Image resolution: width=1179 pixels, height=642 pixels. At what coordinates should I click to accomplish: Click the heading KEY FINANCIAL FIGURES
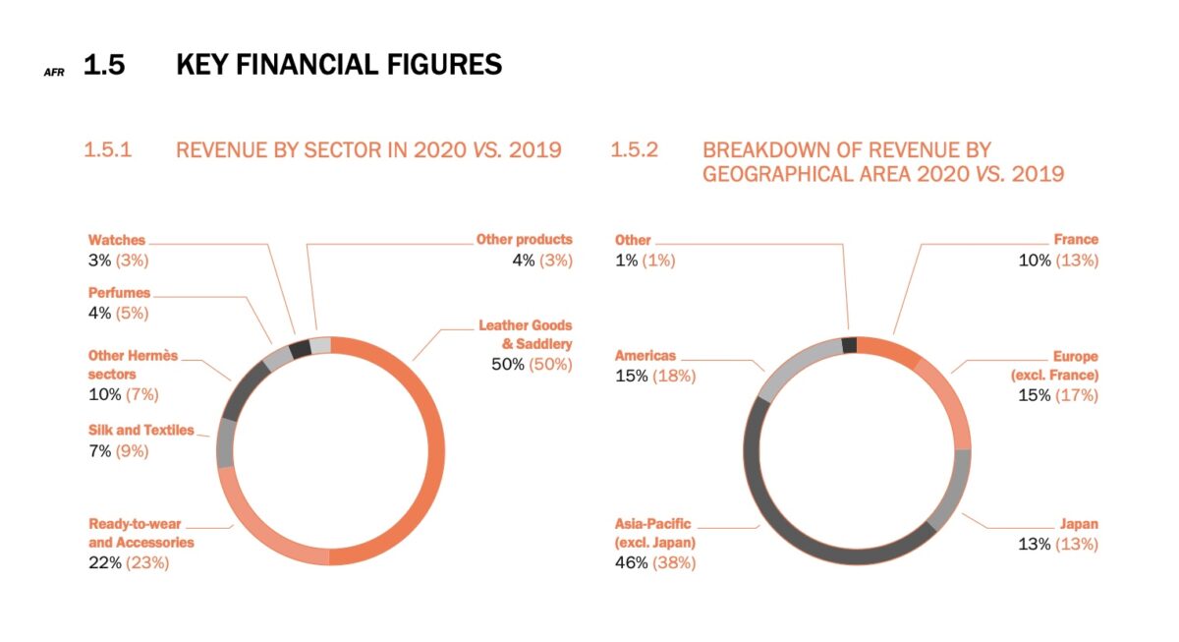click(339, 66)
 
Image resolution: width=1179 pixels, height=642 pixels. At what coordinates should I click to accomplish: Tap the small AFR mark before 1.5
click(54, 72)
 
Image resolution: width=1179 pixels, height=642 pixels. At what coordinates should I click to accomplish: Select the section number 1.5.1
click(108, 150)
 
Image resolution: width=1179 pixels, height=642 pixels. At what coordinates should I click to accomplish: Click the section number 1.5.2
click(635, 150)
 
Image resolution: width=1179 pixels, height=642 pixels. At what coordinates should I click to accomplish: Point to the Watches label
click(117, 240)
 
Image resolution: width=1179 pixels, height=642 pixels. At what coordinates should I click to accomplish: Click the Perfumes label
click(120, 293)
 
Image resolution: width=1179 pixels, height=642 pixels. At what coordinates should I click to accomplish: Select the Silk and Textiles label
click(141, 430)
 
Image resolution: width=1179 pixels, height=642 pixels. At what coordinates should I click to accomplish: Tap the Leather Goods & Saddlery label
click(525, 334)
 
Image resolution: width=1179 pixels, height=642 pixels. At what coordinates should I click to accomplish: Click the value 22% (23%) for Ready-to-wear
click(129, 563)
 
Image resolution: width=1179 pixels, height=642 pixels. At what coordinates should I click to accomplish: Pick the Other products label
click(524, 239)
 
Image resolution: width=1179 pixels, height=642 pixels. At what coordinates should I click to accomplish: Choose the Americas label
click(646, 356)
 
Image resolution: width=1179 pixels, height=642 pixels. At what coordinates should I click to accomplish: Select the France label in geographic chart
click(1076, 239)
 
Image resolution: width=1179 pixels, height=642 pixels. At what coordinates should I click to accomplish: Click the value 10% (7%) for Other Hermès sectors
click(123, 394)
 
